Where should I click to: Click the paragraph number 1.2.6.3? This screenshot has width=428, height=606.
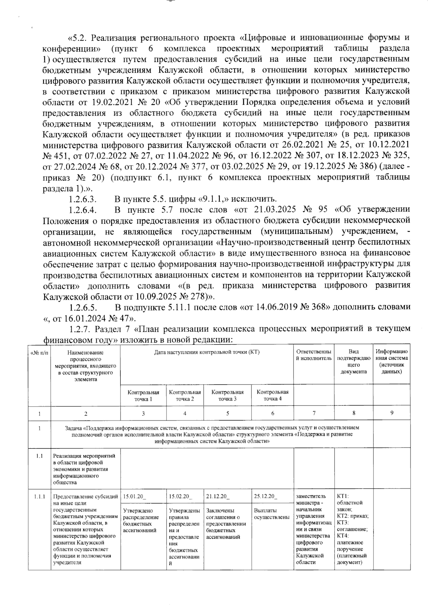83,199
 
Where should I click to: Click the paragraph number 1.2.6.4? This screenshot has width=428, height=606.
83,210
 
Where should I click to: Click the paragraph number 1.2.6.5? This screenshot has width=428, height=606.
83,307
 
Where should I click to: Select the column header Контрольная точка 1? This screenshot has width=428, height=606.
143,395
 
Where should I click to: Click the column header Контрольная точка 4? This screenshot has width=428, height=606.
272,395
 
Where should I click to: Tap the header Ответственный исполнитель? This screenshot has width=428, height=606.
314,355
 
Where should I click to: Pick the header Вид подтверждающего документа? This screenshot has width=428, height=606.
353,361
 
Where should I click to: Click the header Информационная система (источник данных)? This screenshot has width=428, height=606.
391,361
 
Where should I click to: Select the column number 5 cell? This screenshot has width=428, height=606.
228,413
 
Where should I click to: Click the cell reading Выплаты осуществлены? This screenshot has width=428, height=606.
271,514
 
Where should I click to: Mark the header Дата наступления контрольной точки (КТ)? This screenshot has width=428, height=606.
207,352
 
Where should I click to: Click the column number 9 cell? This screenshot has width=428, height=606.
391,413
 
